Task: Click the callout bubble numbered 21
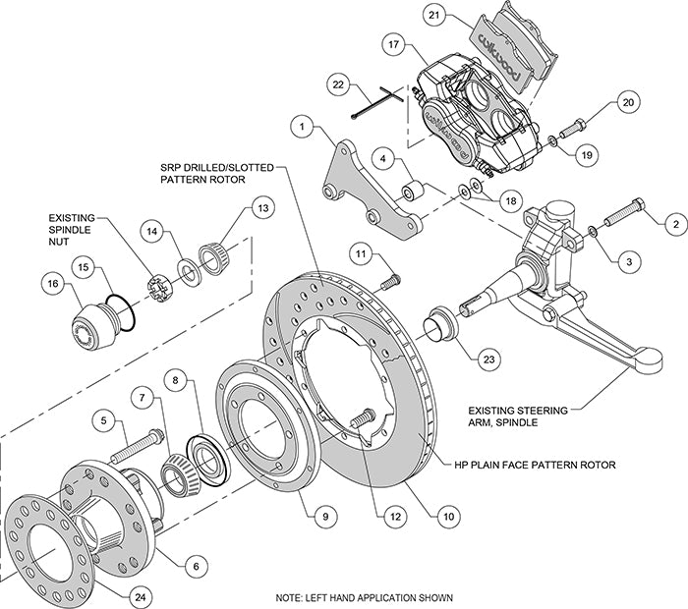point(434,16)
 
